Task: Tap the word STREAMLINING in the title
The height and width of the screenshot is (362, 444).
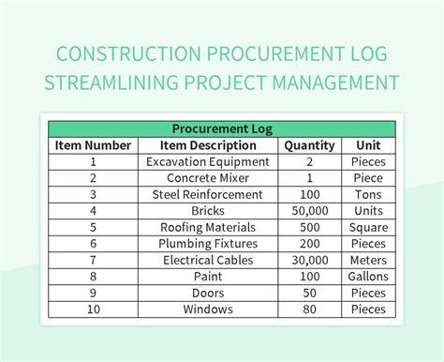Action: coord(119,83)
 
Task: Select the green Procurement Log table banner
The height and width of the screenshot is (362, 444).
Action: coord(221,128)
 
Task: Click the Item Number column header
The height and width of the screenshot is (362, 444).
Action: coord(93,145)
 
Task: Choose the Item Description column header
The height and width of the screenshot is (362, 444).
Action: coord(208,145)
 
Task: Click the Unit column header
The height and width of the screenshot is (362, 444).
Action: coord(367,145)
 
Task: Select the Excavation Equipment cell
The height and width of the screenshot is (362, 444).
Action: coord(208,161)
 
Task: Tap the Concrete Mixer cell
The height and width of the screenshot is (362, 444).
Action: coord(208,178)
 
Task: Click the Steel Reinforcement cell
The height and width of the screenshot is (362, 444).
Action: coord(208,194)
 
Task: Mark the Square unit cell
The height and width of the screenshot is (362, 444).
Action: coord(367,228)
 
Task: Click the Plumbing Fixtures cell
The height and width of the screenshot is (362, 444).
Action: coord(208,244)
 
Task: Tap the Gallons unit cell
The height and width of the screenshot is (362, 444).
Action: coord(367,277)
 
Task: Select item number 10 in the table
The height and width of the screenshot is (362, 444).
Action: coord(93,309)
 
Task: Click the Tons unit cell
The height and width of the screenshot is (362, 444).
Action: coord(367,194)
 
